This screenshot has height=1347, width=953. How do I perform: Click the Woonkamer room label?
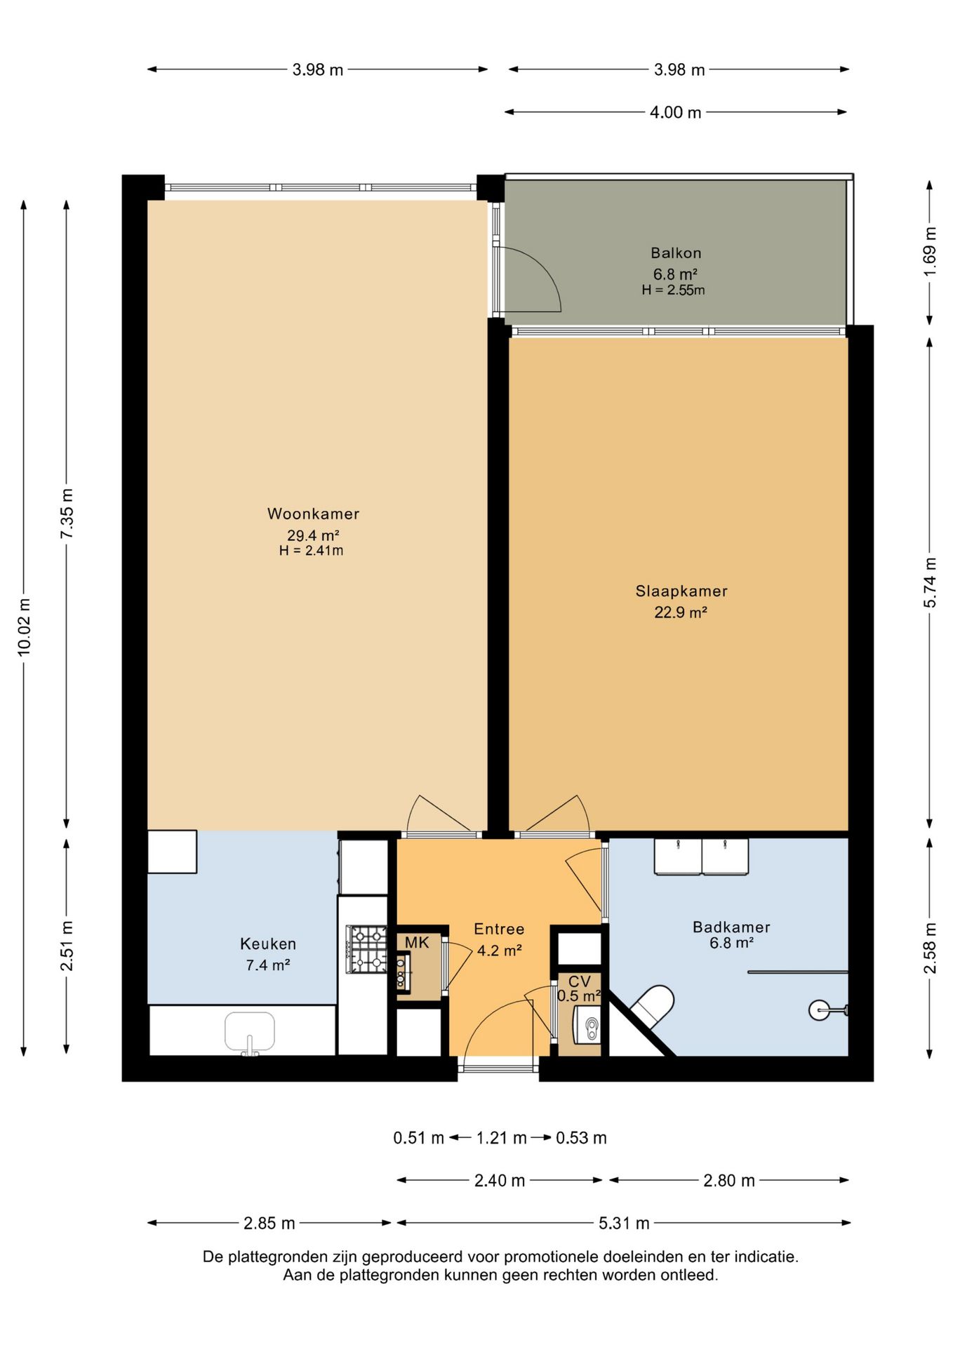(x=313, y=514)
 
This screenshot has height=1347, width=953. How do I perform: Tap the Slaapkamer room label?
(x=681, y=591)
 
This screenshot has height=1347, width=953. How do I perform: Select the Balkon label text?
(x=676, y=253)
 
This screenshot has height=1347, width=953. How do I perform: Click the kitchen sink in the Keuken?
(x=250, y=1032)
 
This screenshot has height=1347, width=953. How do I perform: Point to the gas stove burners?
(x=368, y=949)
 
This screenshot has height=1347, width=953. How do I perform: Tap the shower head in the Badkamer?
(x=820, y=1010)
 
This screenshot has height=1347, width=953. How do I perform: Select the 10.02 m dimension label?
(x=25, y=627)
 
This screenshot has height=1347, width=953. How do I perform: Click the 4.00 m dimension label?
(x=675, y=112)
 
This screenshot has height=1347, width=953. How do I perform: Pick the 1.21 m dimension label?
(x=501, y=1138)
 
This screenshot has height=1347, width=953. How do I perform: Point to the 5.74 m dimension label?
(x=930, y=582)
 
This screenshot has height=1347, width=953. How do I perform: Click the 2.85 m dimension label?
(x=269, y=1224)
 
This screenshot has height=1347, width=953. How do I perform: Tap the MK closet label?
(x=416, y=943)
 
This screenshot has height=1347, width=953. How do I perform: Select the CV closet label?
(x=580, y=981)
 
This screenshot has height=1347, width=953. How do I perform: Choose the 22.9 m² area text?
(x=681, y=612)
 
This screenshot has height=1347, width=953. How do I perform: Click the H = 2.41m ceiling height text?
(x=312, y=551)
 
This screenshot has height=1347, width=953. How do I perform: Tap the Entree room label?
(x=499, y=930)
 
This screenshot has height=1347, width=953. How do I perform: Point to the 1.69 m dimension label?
(x=930, y=252)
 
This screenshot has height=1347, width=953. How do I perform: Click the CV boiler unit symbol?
(x=588, y=1024)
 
